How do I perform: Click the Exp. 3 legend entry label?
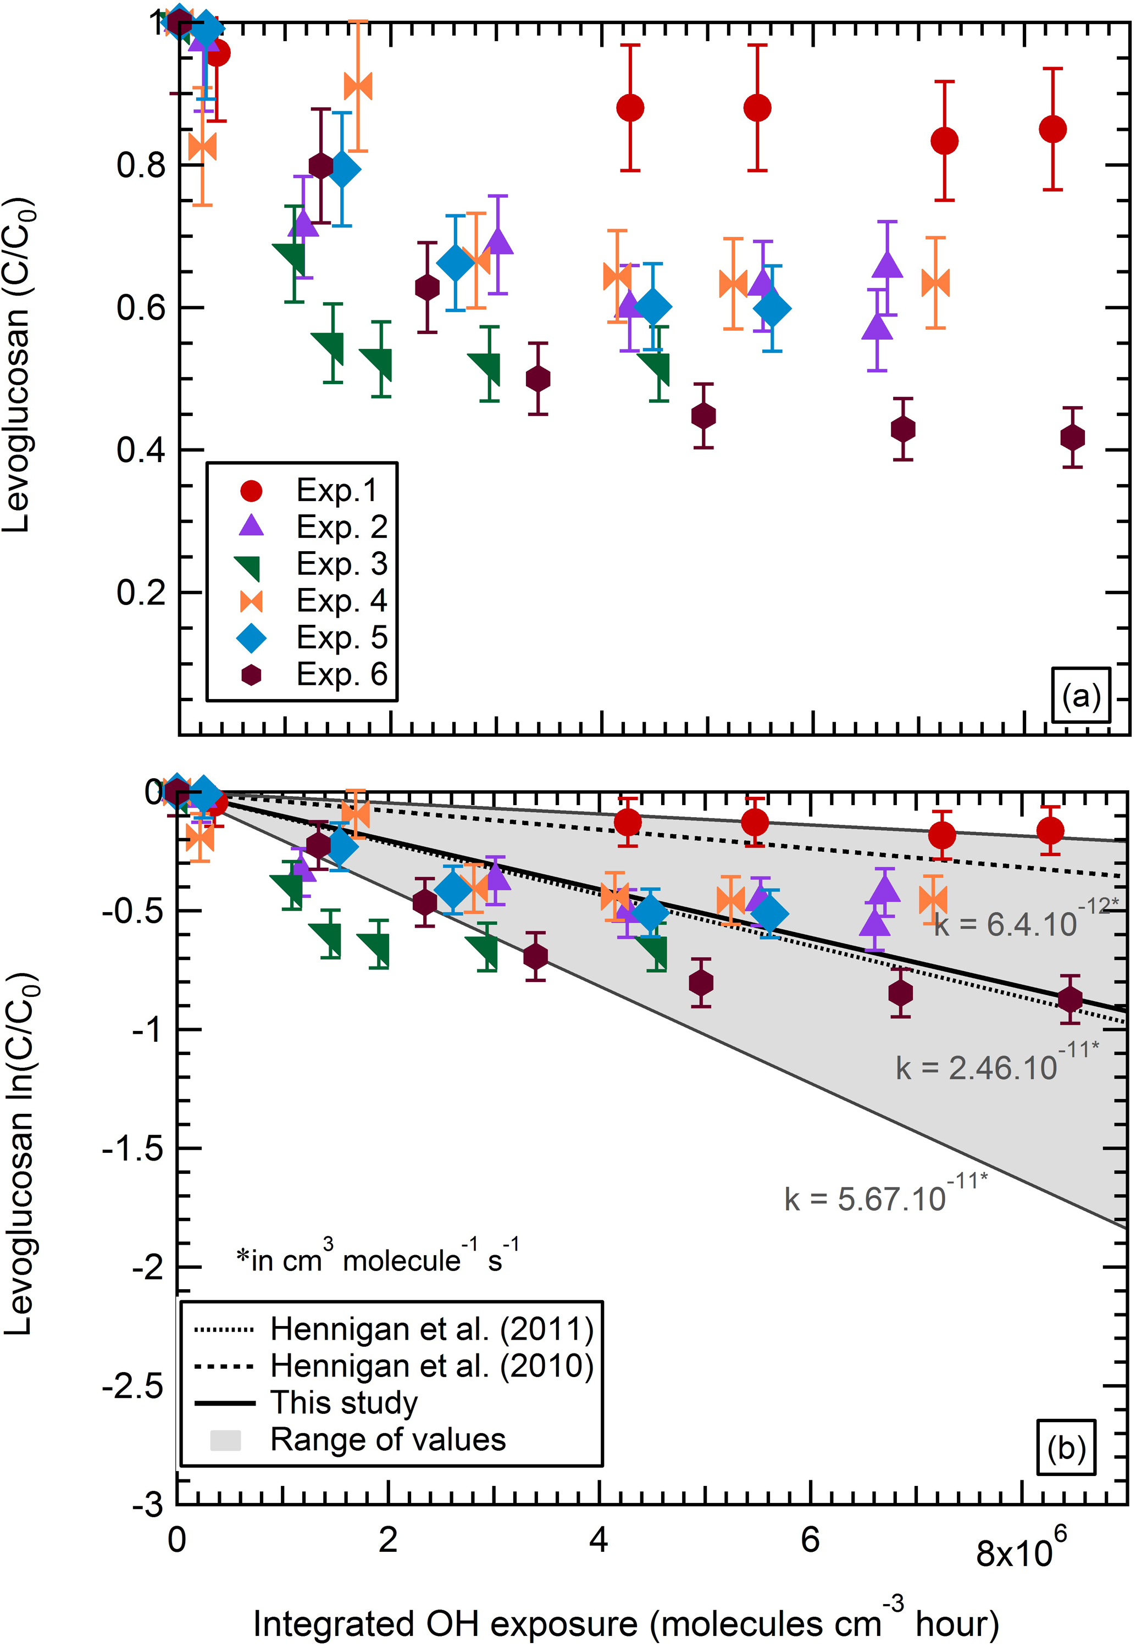pyautogui.click(x=342, y=564)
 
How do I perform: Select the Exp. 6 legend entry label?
pyautogui.click(x=342, y=674)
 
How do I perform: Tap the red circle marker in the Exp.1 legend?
pyautogui.click(x=251, y=490)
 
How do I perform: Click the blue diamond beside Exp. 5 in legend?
pyautogui.click(x=251, y=637)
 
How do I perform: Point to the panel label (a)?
pyautogui.click(x=1080, y=695)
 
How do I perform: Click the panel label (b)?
pyautogui.click(x=1066, y=1447)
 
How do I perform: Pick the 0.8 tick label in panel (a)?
pyautogui.click(x=140, y=166)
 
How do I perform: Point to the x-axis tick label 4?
pyautogui.click(x=599, y=1540)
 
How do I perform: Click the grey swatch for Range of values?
pyautogui.click(x=225, y=1440)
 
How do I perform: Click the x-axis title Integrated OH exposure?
pyautogui.click(x=627, y=1623)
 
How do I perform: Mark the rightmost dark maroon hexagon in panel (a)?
pyautogui.click(x=1072, y=437)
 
